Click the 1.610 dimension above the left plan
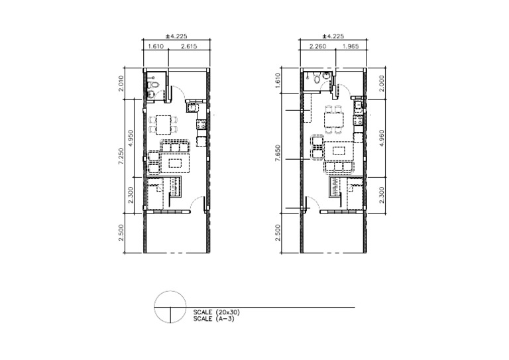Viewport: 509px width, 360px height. (x=155, y=47)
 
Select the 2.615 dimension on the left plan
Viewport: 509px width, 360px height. (x=188, y=47)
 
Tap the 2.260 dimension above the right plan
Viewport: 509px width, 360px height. (x=317, y=47)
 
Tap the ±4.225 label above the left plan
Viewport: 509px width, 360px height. (x=176, y=37)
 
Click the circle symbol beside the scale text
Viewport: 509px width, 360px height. (x=170, y=308)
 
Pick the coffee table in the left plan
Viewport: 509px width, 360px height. (x=176, y=162)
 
